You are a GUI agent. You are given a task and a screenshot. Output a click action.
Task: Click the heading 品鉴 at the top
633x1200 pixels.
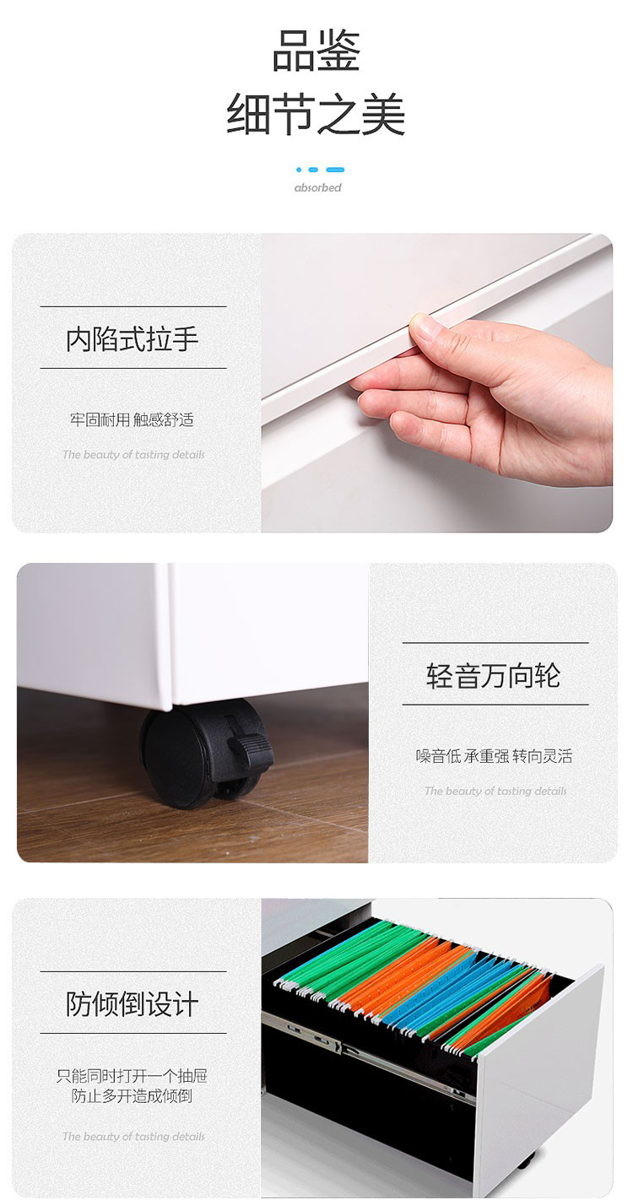pos(316,51)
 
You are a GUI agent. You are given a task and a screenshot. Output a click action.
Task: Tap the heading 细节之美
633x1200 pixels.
pos(316,114)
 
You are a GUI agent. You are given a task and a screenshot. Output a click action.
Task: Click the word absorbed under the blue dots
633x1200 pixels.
pos(318,187)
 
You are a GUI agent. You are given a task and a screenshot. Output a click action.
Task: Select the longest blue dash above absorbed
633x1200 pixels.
pos(335,170)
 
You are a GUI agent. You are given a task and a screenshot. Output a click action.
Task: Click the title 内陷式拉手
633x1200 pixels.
pos(133,339)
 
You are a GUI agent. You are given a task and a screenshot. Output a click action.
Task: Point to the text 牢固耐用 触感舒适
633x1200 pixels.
pos(132,419)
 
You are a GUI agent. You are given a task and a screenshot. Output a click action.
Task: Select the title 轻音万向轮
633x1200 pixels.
pos(494,675)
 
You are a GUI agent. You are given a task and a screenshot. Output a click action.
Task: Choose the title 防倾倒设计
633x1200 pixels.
pos(133,1003)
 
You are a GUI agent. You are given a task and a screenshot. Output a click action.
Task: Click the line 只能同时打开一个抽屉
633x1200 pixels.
pos(132,1075)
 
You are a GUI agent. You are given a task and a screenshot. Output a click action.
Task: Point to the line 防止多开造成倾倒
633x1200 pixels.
pos(132,1096)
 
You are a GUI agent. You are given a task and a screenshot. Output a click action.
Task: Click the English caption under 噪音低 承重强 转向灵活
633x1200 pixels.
pos(495,791)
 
